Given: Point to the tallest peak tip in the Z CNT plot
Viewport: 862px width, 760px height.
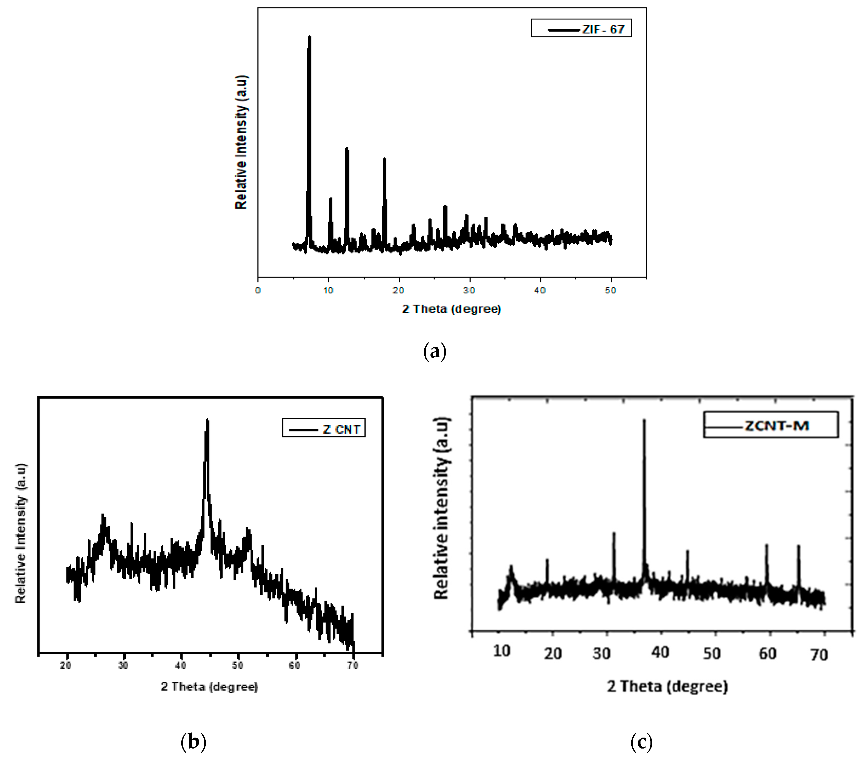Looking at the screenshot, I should [207, 420].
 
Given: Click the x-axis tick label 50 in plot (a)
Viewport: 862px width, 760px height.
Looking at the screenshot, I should [610, 290].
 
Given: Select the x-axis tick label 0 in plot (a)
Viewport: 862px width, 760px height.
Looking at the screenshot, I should [258, 290].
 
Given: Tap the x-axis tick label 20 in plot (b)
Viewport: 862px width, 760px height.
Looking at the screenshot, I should [66, 665].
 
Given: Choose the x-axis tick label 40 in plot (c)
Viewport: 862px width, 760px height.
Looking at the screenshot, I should [660, 652].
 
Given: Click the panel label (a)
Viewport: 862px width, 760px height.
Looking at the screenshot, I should [434, 351].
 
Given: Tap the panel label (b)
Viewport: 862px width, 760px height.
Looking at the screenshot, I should [193, 742].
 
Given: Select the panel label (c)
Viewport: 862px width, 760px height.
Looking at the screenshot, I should [641, 742].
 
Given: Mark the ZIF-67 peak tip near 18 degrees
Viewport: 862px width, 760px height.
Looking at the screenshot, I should [384, 159].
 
